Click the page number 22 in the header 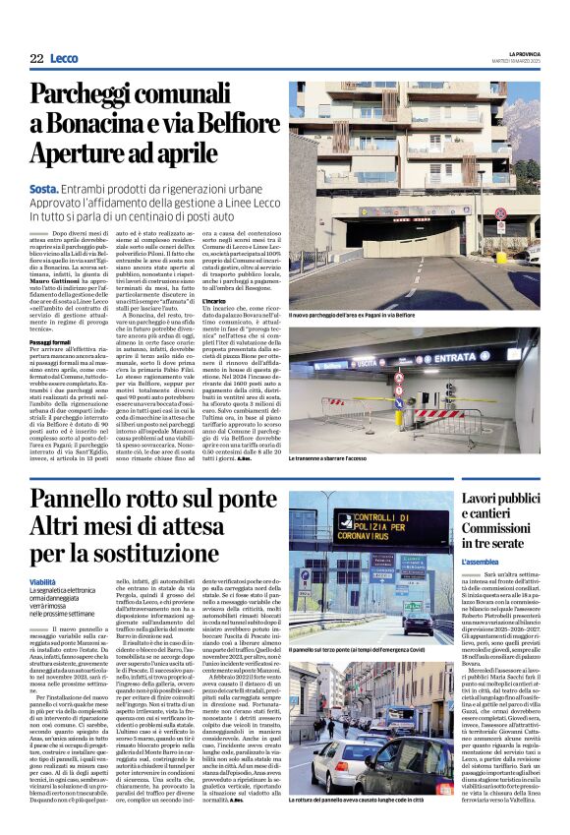point(36,59)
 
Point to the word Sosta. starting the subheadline point(44,187)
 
